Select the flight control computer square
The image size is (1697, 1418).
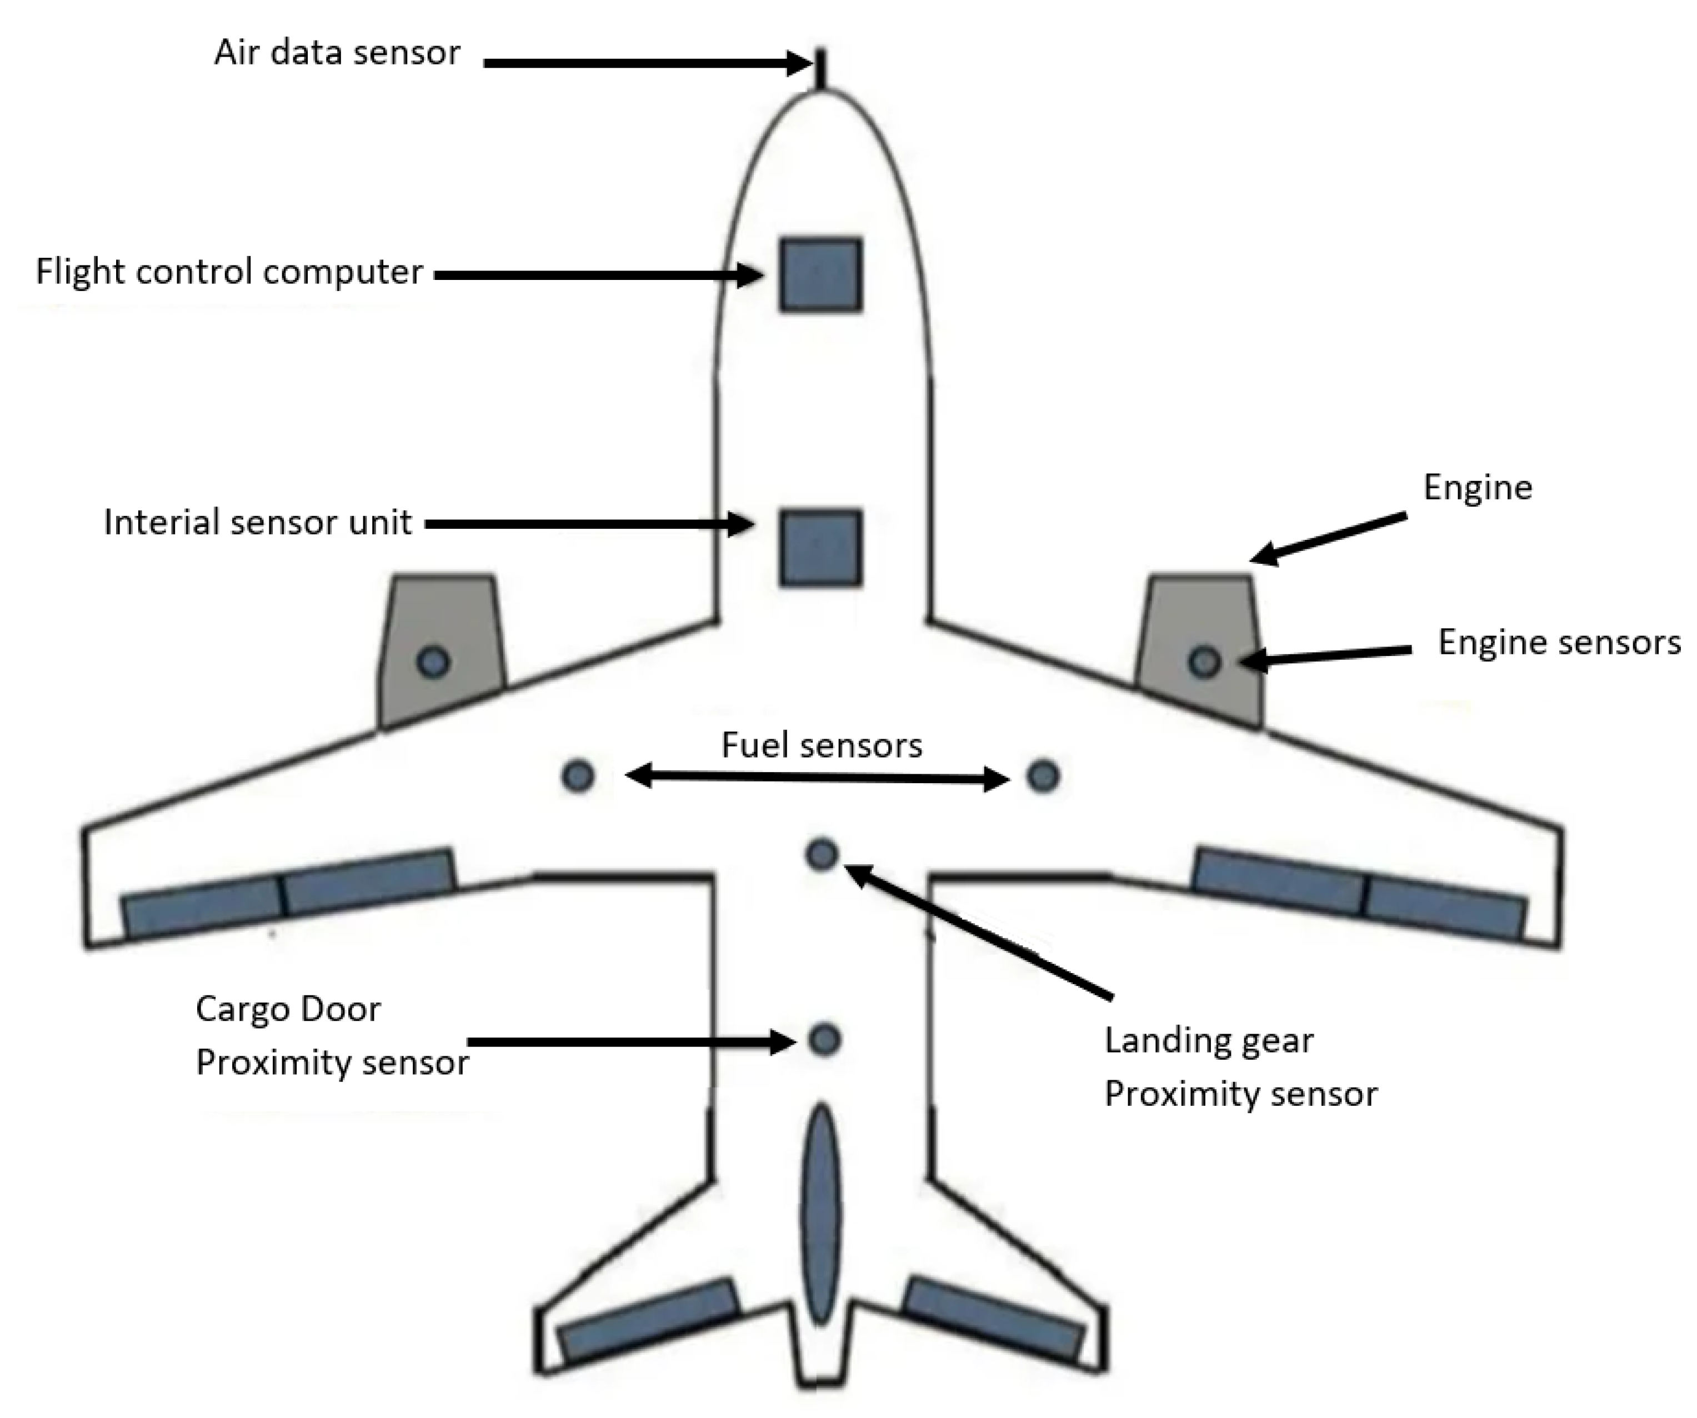click(x=820, y=275)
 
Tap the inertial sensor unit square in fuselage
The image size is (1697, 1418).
click(x=820, y=547)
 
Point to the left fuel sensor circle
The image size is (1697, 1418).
click(x=578, y=776)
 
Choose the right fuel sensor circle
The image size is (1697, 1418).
click(x=1043, y=776)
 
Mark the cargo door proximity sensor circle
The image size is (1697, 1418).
click(x=824, y=1039)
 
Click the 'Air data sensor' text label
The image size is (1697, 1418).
click(x=337, y=53)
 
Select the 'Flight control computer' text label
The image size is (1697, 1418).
click(x=229, y=272)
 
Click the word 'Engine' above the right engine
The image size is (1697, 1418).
click(x=1477, y=487)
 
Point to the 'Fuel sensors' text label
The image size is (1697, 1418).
click(x=821, y=745)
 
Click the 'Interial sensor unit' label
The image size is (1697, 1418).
click(x=258, y=522)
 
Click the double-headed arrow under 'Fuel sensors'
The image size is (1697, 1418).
click(x=818, y=777)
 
